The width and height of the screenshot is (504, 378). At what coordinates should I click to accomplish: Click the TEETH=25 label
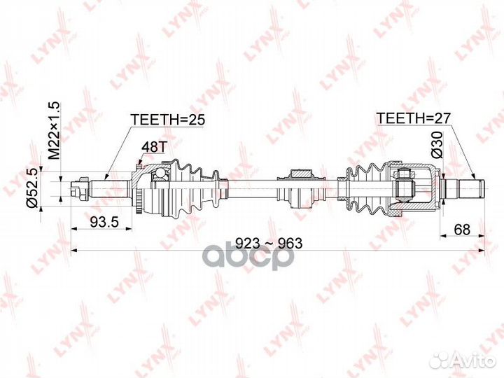click(x=167, y=120)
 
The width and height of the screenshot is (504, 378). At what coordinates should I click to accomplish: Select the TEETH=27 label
click(x=414, y=118)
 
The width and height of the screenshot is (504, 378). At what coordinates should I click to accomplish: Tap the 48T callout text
click(x=153, y=147)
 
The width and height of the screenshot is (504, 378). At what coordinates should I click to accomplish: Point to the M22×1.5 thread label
click(x=54, y=130)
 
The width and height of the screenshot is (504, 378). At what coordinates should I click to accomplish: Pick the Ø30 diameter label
click(x=437, y=145)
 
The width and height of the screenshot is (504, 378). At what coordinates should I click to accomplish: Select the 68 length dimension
click(x=462, y=229)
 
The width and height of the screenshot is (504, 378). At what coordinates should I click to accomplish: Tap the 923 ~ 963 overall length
click(x=269, y=244)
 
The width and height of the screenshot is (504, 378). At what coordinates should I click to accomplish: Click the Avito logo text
click(x=477, y=360)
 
